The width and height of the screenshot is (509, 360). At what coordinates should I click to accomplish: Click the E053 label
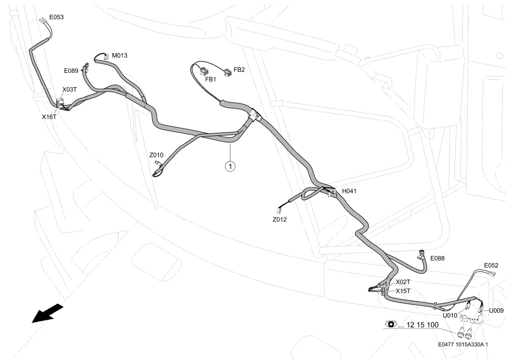coord(57,17)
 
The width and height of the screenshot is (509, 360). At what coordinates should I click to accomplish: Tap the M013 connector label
coord(119,55)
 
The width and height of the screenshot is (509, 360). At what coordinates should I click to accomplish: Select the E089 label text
coord(71,71)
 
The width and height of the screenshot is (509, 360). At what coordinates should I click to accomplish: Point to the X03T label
coord(69,90)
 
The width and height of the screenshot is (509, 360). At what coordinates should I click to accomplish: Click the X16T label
coord(49,117)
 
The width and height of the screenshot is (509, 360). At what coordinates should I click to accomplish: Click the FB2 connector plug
coord(228,72)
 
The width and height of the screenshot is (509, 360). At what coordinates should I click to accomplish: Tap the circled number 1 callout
coord(230,166)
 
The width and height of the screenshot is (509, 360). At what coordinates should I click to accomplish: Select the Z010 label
coord(157,155)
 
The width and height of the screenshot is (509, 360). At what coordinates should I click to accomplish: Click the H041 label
coord(349,191)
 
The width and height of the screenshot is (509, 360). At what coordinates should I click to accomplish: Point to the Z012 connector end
coord(279,210)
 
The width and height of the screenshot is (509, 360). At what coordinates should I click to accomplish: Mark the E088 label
coord(437,258)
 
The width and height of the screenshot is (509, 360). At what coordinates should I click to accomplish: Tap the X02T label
coord(403,282)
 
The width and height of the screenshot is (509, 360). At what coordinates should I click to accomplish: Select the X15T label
coord(403,291)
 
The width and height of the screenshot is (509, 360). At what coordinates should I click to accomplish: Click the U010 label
coord(450,315)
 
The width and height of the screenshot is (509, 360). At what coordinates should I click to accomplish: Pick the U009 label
coord(496,310)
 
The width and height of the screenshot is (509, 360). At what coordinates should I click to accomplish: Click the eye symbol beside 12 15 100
coord(391,324)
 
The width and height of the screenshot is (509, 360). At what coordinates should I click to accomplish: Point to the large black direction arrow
coord(47,313)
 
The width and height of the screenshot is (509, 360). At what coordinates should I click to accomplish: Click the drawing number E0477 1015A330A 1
coord(463,345)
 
